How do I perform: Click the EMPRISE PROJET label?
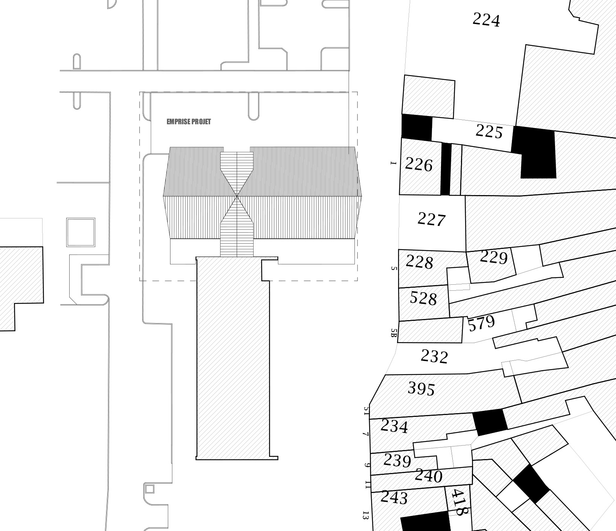189,122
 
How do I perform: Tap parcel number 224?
486,20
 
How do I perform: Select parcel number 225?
489,131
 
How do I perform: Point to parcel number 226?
419,165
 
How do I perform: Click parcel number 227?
432,219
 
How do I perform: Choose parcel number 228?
419,262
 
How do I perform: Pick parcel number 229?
494,258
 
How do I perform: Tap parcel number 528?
423,298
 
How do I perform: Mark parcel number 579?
481,323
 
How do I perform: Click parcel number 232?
434,357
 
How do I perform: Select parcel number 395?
421,389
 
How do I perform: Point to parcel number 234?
394,427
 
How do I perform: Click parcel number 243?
394,498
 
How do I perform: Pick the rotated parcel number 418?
459,502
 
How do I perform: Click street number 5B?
394,333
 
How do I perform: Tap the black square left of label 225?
417,127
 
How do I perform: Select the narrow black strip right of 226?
446,169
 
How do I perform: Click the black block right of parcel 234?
490,422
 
